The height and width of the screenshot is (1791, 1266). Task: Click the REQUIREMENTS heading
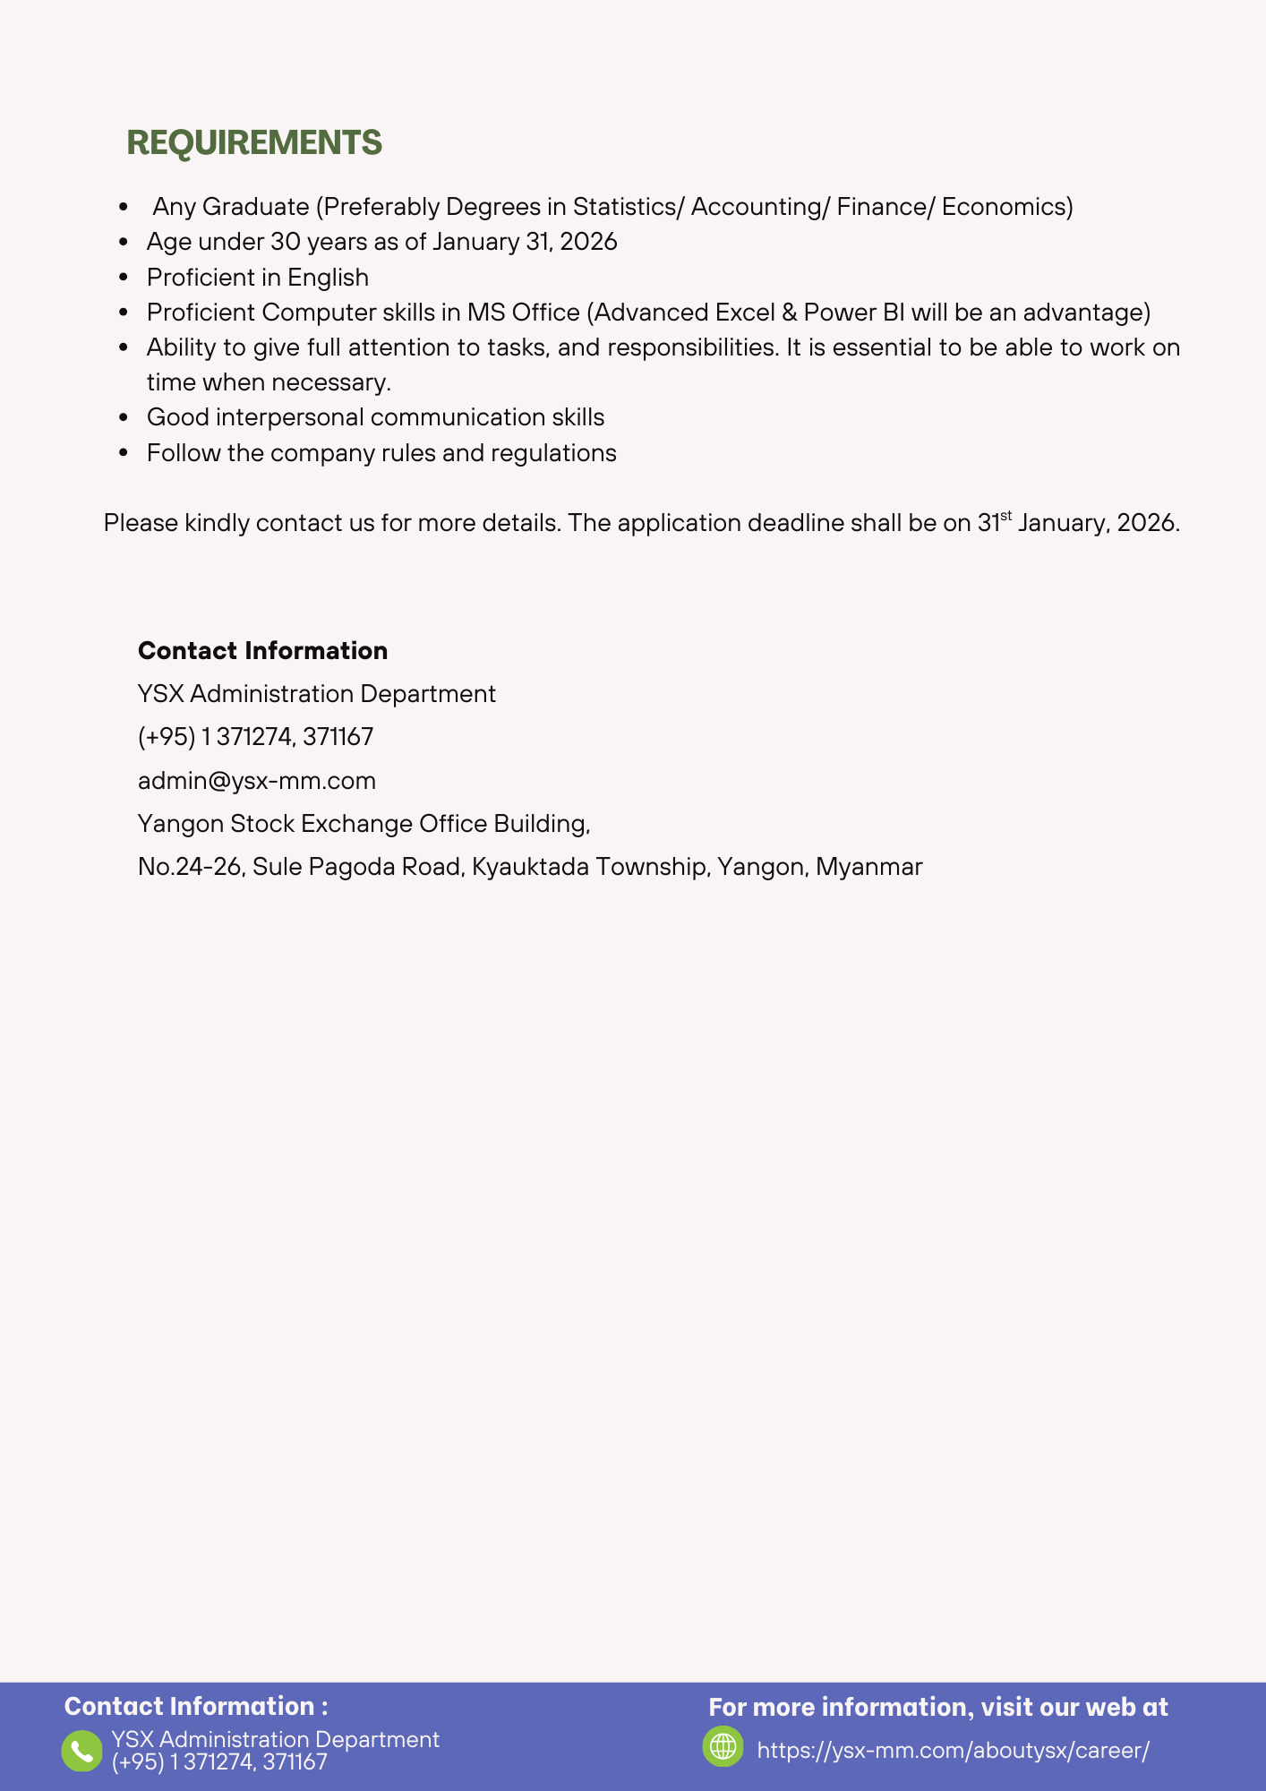click(x=254, y=143)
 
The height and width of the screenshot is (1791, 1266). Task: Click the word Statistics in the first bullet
click(x=626, y=207)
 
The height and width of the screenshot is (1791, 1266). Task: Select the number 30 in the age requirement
click(x=285, y=242)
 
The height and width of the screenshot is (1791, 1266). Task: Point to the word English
click(x=328, y=278)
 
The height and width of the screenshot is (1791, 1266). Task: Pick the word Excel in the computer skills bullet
click(x=744, y=313)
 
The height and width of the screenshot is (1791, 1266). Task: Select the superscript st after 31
click(x=1006, y=516)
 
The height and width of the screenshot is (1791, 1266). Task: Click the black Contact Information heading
click(x=262, y=651)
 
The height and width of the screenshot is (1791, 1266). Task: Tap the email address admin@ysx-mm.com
click(x=257, y=781)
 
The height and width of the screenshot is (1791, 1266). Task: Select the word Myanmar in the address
click(x=868, y=867)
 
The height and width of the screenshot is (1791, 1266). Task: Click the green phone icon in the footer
click(x=81, y=1751)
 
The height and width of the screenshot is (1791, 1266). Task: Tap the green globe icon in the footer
click(x=723, y=1747)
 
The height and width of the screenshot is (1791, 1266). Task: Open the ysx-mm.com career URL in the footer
click(x=953, y=1751)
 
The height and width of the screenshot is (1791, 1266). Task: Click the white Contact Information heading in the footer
click(x=196, y=1707)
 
